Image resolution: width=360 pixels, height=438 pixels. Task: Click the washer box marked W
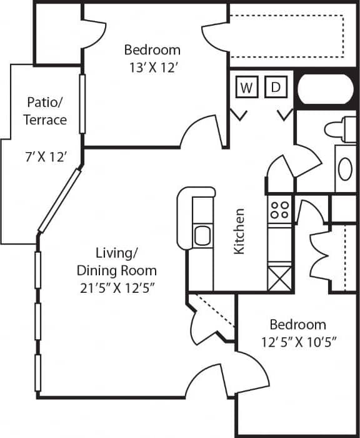pos(247,88)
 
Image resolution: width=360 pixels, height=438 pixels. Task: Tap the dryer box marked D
pos(275,88)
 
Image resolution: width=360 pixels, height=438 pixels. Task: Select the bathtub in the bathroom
pos(326,90)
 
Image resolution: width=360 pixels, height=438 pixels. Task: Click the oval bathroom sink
pos(344,168)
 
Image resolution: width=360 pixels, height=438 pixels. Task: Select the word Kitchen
pos(239,232)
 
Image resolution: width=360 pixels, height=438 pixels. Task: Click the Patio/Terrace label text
pos(46,110)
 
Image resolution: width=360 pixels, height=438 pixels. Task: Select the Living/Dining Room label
pos(116,262)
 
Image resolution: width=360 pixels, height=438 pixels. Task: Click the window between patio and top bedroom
pos(82,103)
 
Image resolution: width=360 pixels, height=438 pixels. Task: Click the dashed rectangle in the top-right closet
pos(287,35)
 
